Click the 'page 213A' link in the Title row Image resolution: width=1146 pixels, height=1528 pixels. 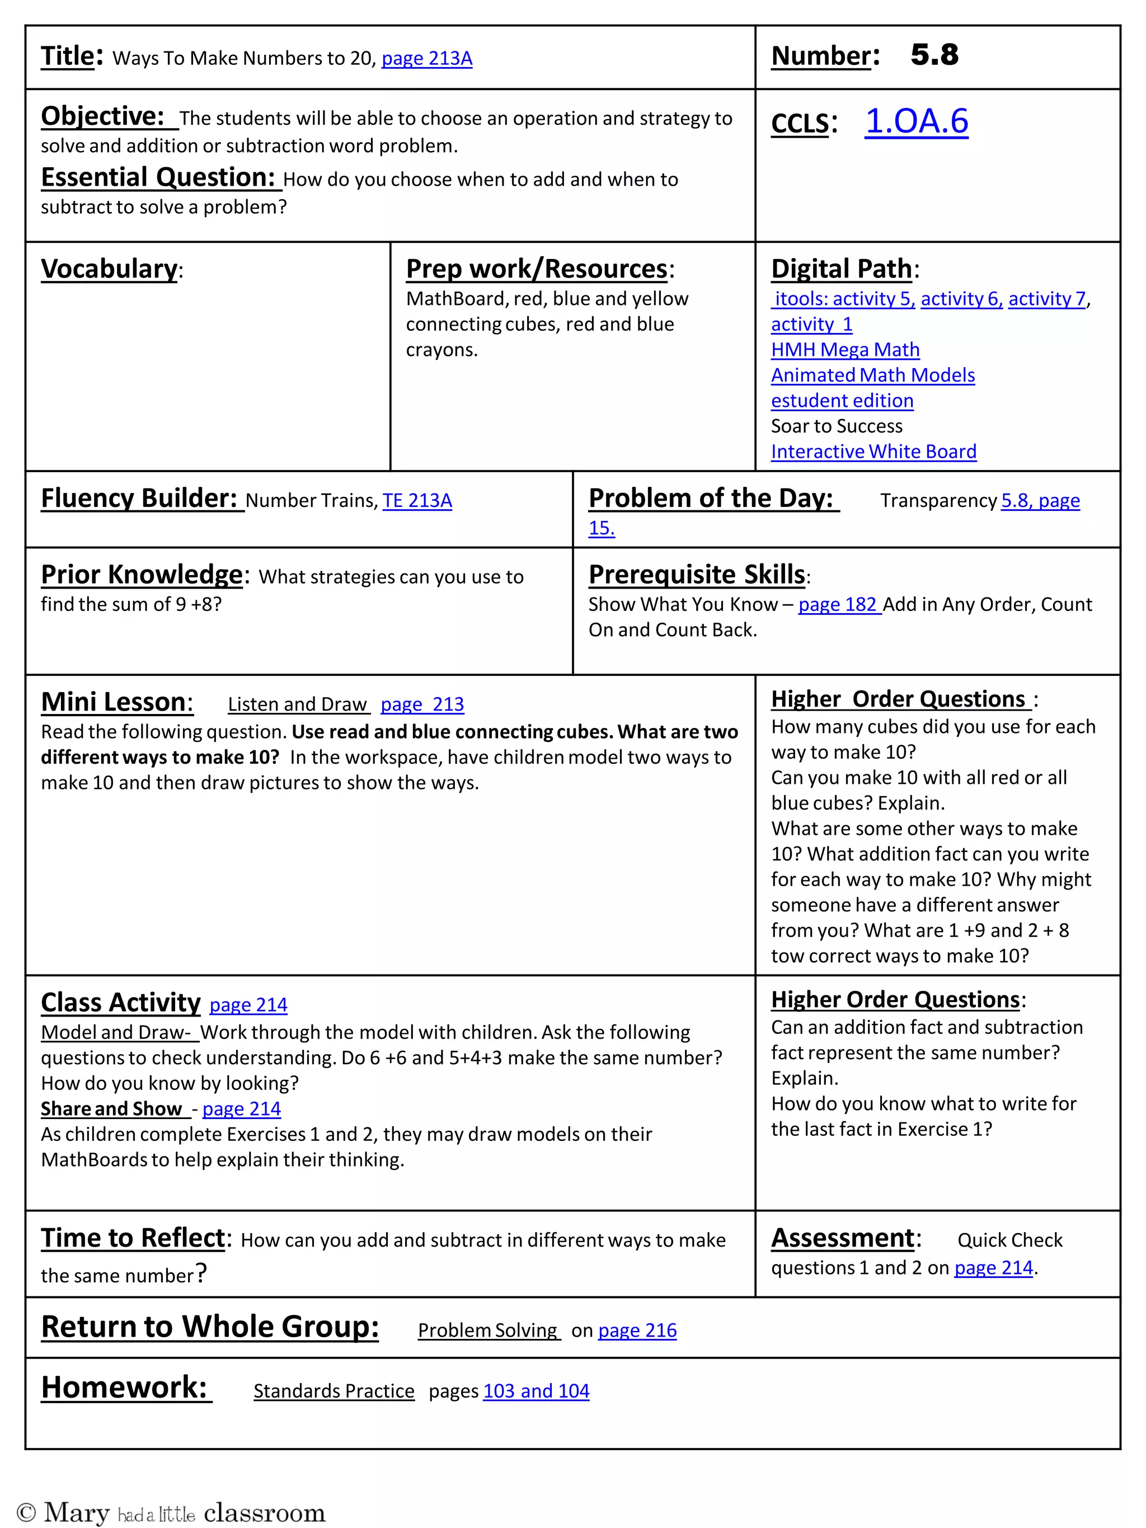tap(426, 58)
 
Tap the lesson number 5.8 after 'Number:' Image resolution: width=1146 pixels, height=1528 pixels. tap(934, 55)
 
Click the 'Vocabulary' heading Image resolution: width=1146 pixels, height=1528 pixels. tap(109, 269)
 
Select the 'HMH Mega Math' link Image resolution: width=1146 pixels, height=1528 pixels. tap(845, 350)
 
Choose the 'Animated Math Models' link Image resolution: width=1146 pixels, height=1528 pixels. tap(872, 375)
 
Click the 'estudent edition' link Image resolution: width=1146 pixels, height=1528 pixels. tap(842, 401)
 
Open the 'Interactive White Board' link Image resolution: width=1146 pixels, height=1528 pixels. tap(873, 452)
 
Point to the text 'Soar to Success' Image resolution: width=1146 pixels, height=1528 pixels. tap(836, 426)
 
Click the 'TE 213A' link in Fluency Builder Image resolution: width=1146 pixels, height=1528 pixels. tap(417, 500)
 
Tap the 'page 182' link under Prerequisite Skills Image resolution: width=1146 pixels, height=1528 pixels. tap(839, 604)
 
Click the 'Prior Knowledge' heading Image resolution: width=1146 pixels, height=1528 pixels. tap(142, 575)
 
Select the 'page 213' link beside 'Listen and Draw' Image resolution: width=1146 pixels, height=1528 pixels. tap(422, 704)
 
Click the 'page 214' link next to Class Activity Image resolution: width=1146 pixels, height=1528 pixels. tap(248, 1004)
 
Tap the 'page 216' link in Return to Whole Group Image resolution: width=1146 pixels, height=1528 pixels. tap(637, 1330)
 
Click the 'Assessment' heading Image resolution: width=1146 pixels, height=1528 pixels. tap(842, 1238)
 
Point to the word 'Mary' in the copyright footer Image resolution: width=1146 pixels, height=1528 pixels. tap(77, 1512)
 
